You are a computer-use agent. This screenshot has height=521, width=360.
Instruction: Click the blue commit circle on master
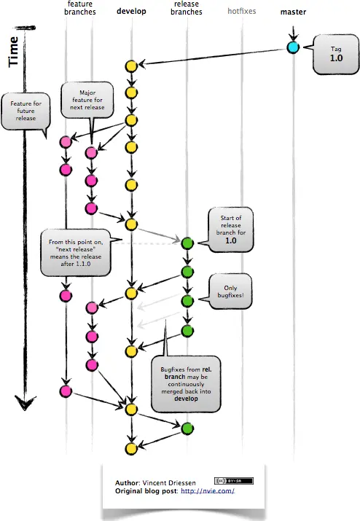[x=293, y=47]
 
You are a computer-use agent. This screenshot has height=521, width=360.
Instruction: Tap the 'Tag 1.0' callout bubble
[x=336, y=54]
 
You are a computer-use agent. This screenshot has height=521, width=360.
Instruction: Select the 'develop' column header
[x=131, y=12]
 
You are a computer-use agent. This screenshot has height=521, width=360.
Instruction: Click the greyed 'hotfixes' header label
[x=242, y=12]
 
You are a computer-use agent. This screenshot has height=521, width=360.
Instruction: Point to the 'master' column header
[x=293, y=12]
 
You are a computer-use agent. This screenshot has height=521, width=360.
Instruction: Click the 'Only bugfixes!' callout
[x=230, y=291]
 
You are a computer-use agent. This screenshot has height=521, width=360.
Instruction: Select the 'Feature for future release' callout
[x=26, y=111]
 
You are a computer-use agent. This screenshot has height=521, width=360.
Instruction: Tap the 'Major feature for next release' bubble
[x=87, y=100]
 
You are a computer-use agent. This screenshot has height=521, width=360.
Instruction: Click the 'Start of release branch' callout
[x=231, y=230]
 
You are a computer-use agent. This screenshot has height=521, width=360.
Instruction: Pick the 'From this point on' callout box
[x=76, y=253]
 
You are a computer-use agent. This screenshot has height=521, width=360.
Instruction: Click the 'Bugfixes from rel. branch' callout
[x=186, y=384]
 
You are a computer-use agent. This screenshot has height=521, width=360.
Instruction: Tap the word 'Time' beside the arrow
[x=14, y=52]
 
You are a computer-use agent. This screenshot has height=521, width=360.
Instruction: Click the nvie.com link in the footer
[x=208, y=491]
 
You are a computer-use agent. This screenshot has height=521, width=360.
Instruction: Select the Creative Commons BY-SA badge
[x=234, y=481]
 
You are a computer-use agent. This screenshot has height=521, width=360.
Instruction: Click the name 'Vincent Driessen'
[x=169, y=483]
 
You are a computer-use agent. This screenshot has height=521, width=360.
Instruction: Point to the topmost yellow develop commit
[x=131, y=66]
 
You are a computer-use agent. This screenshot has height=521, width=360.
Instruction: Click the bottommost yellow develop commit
[x=131, y=449]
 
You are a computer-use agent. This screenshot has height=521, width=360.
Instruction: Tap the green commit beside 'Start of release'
[x=187, y=243]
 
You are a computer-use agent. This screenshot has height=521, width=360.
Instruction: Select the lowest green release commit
[x=187, y=428]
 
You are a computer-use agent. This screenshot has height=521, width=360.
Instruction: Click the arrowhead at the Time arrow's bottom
[x=25, y=402]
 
